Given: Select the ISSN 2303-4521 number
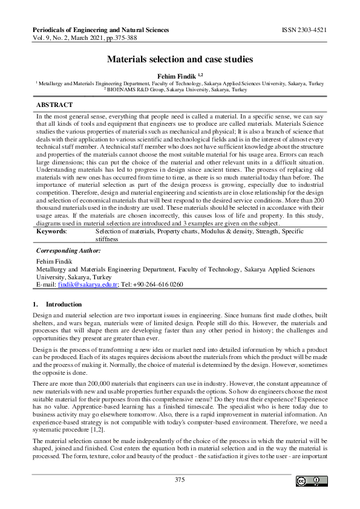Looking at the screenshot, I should [x=305, y=29].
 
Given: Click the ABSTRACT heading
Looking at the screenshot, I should [x=54, y=105].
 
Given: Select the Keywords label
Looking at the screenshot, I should [x=52, y=232].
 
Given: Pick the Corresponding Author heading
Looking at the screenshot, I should [x=68, y=250].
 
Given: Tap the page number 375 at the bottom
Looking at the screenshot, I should [x=180, y=480].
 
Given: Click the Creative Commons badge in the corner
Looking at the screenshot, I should [x=312, y=481].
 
